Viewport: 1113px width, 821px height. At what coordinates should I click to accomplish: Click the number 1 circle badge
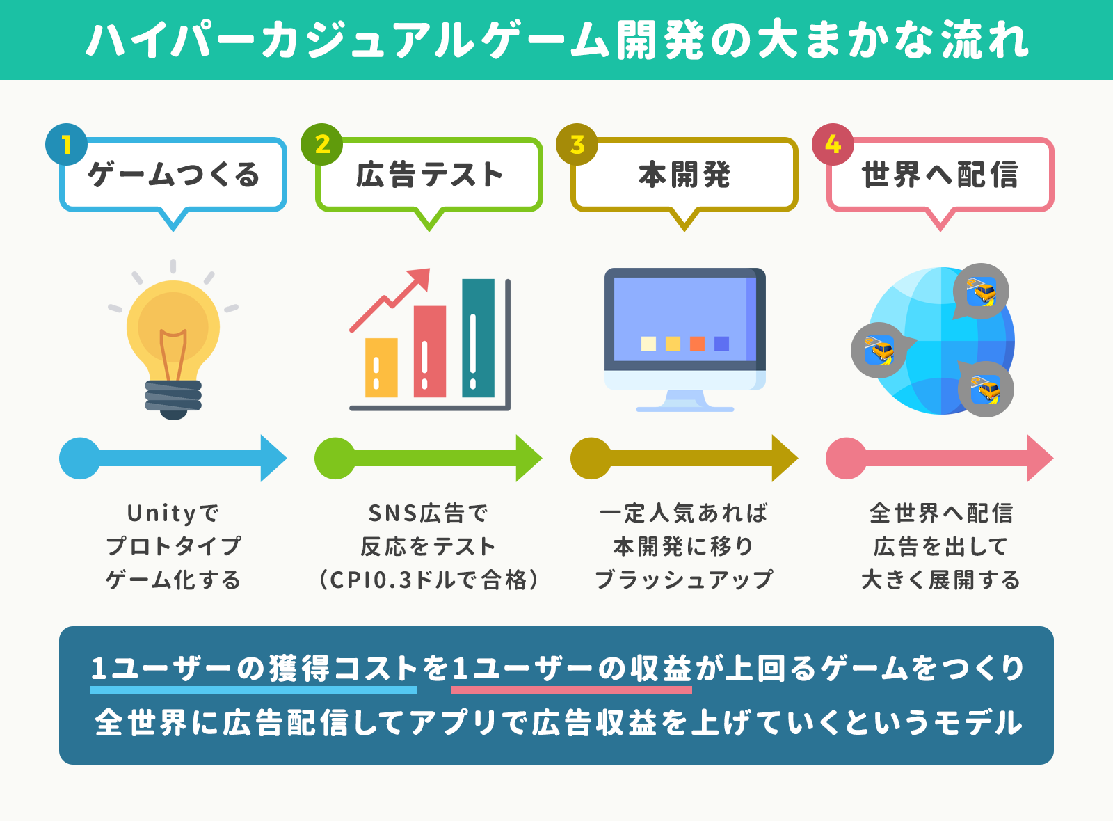(67, 144)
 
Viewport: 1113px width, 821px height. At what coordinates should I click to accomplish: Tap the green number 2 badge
(322, 144)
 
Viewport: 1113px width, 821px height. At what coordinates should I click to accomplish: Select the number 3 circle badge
(577, 144)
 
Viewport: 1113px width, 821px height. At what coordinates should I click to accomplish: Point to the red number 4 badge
(833, 144)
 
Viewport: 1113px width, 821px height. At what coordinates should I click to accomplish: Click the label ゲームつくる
(173, 175)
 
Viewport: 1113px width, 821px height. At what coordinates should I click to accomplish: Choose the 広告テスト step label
(429, 175)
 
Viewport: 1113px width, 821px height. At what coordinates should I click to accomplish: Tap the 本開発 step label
(684, 175)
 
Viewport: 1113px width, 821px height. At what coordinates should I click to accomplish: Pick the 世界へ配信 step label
(940, 175)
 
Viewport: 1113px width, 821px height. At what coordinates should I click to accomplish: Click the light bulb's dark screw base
(173, 399)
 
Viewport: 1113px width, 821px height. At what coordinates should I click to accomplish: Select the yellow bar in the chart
(382, 368)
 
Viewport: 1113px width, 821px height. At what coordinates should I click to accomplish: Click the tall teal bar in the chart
(478, 338)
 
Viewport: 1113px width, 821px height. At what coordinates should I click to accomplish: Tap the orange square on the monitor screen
(697, 344)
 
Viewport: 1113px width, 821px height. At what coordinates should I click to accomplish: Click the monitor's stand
(684, 401)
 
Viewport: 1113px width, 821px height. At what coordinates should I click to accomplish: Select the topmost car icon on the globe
(982, 292)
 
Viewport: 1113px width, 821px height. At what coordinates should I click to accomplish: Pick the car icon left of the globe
(879, 350)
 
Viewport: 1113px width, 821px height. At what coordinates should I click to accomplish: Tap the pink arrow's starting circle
(846, 459)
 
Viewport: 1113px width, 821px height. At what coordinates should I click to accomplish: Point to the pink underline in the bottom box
(572, 690)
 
